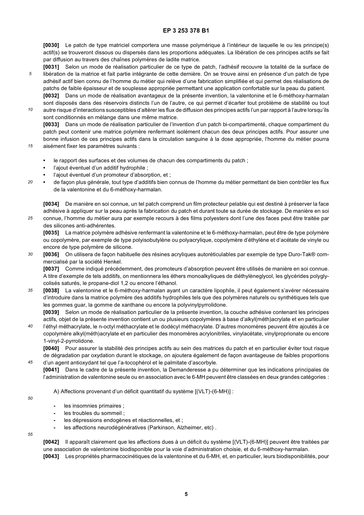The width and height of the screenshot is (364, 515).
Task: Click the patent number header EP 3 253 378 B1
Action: pyautogui.click(x=182, y=31)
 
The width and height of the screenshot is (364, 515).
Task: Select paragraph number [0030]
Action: pyautogui.click(x=51, y=45)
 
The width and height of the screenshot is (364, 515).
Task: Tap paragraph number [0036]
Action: pyautogui.click(x=51, y=254)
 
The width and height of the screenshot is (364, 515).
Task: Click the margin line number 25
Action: pyautogui.click(x=30, y=218)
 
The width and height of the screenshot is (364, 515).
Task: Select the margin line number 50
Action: pyautogui.click(x=30, y=399)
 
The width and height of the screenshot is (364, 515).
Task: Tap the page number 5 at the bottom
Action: pyautogui.click(x=186, y=494)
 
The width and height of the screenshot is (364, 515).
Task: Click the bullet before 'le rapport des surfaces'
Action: pyautogui.click(x=45, y=161)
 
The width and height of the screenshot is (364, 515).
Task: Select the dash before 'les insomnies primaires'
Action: pyautogui.click(x=55, y=406)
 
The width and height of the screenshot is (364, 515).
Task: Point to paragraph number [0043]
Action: pyautogui.click(x=51, y=456)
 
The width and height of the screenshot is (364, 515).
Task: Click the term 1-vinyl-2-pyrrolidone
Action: pyautogui.click(x=69, y=341)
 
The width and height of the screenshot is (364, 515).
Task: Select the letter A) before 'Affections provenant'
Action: pyautogui.click(x=56, y=391)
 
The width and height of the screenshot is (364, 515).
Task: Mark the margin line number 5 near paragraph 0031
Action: pyautogui.click(x=30, y=74)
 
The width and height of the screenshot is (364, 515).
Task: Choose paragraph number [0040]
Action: pyautogui.click(x=51, y=348)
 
